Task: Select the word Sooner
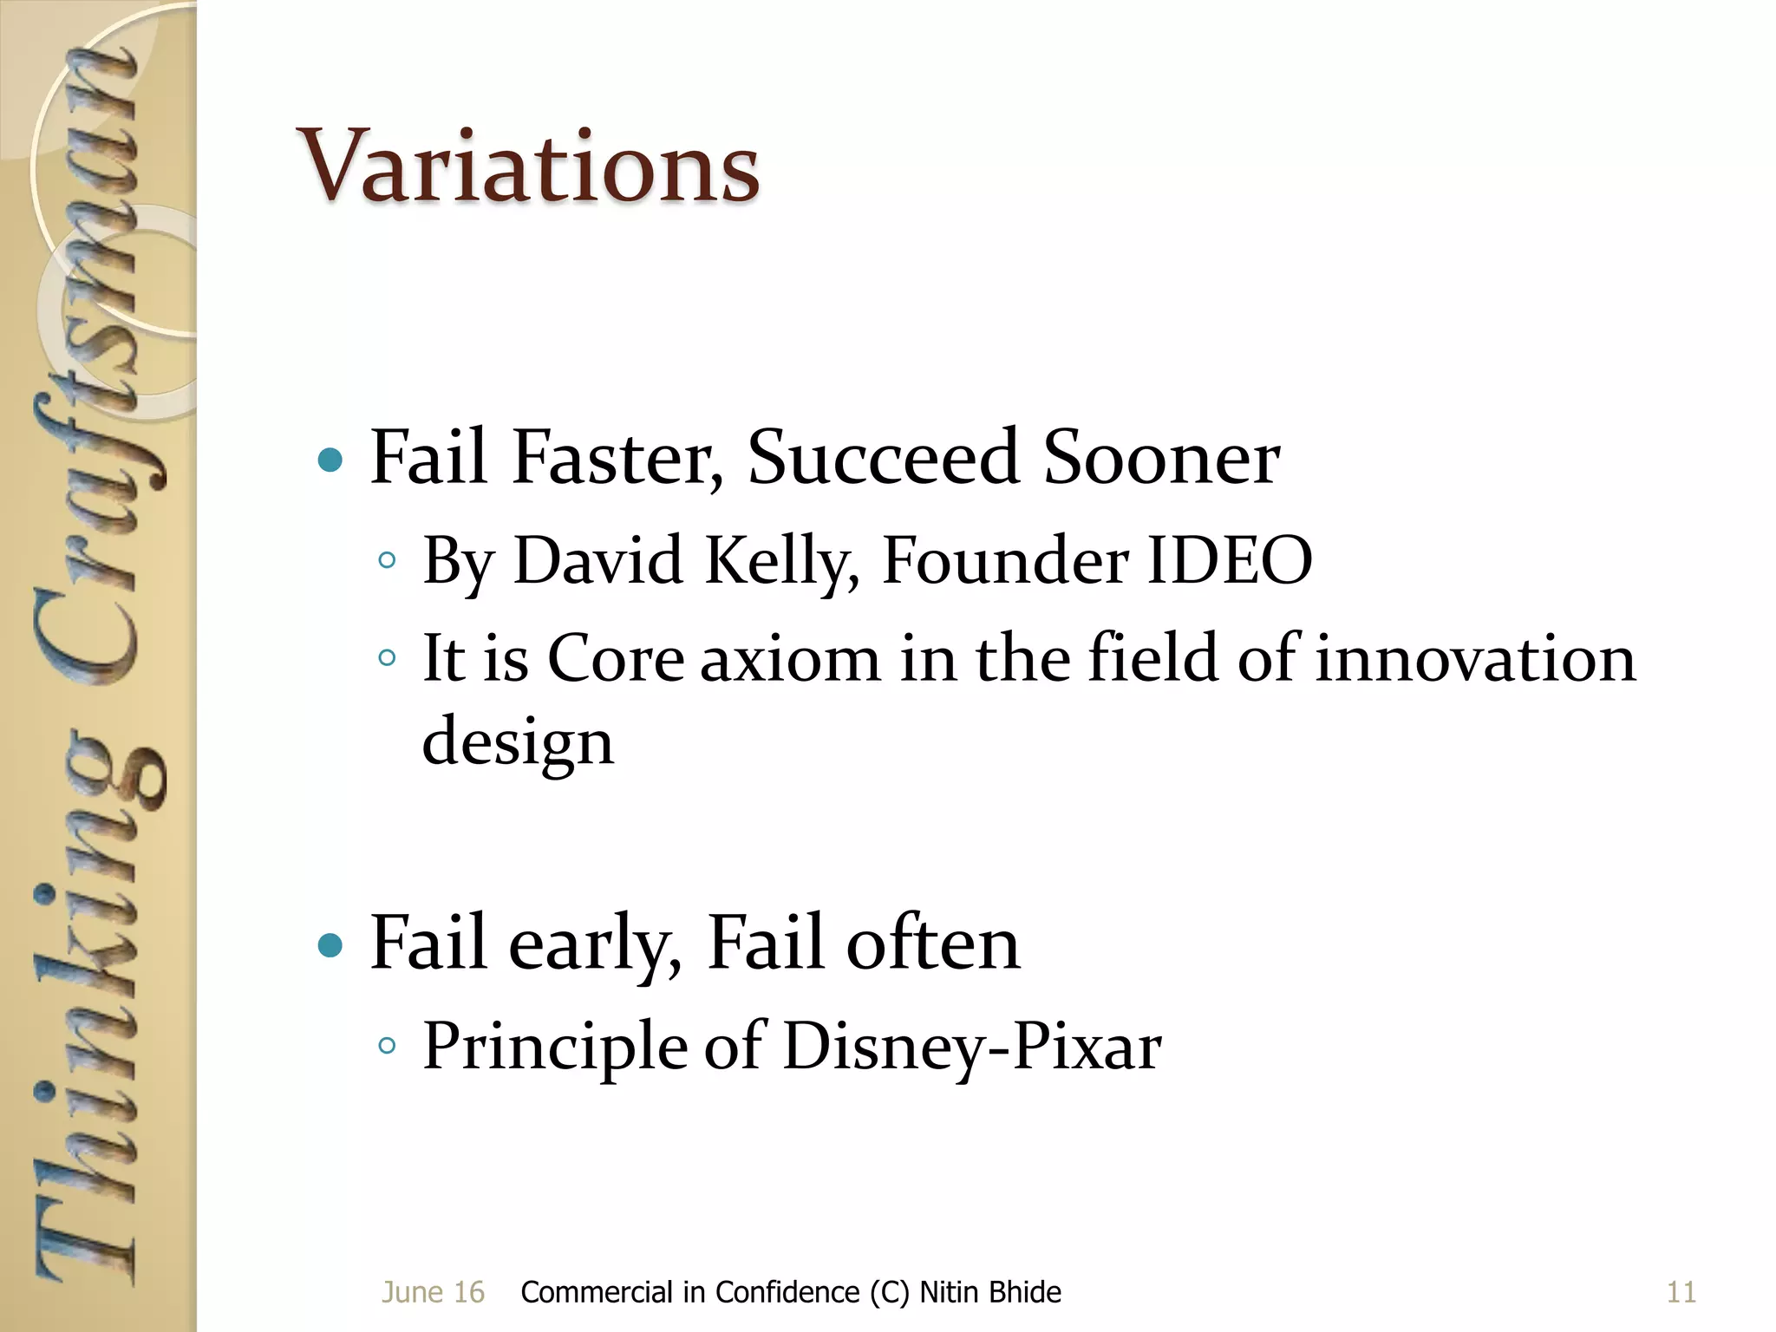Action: point(1161,457)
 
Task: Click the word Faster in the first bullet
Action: point(618,457)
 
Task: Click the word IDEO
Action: point(1229,560)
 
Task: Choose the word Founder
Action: point(1005,560)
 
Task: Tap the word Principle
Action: point(555,1047)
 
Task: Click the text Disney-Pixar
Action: point(971,1047)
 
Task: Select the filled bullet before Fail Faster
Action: point(330,460)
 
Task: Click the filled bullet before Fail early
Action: point(330,944)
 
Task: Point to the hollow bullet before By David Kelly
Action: point(387,560)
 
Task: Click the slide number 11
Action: point(1681,1292)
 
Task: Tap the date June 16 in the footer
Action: point(433,1292)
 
